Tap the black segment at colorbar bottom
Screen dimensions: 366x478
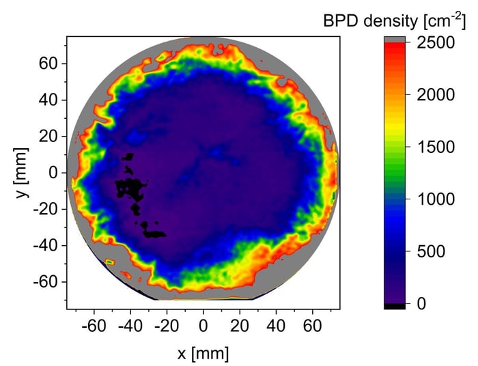(x=394, y=306)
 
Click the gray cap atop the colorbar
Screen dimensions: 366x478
(x=394, y=39)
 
